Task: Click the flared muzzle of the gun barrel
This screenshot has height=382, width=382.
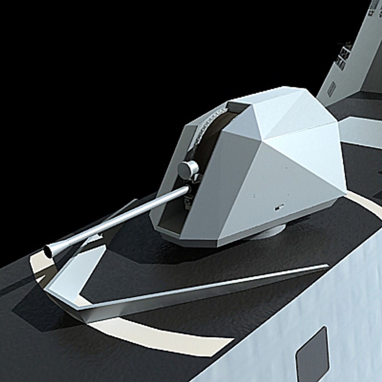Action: click(x=48, y=251)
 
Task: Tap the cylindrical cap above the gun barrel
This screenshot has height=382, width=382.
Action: click(x=187, y=170)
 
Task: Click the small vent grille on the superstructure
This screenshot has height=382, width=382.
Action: click(x=332, y=89)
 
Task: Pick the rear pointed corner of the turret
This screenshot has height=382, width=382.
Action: click(x=345, y=193)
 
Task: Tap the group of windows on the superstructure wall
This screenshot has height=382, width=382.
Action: click(x=343, y=57)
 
